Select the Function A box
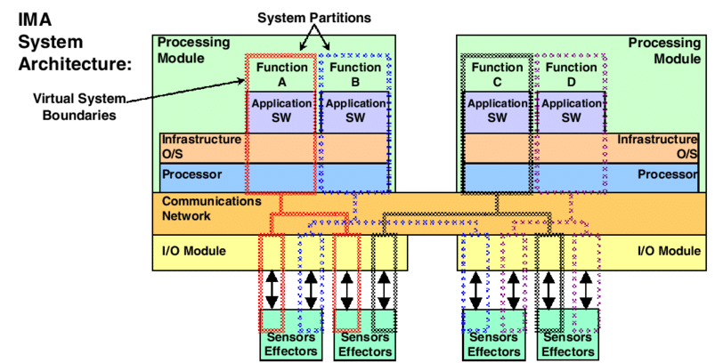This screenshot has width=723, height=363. click(281, 74)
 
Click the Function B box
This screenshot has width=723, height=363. click(354, 74)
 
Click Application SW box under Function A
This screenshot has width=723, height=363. click(281, 110)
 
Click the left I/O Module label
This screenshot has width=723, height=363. click(194, 251)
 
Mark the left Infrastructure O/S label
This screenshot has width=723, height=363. click(201, 147)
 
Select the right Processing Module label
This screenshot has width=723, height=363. click(663, 50)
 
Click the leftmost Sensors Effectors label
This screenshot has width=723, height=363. click(288, 344)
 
